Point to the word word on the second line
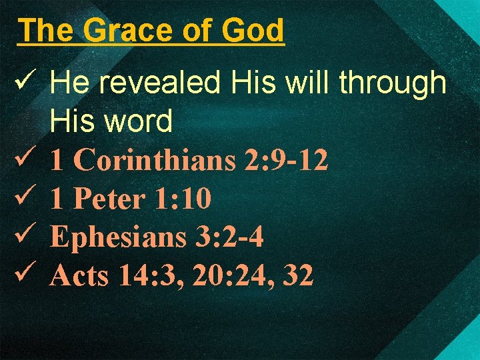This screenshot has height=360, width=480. (139, 121)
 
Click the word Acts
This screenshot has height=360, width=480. (79, 275)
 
